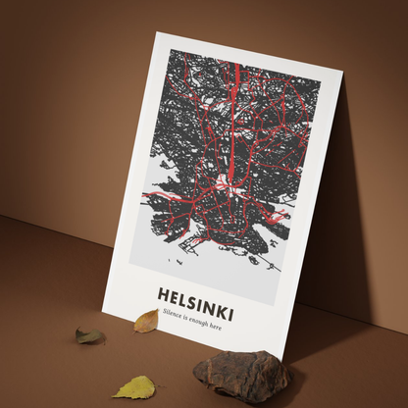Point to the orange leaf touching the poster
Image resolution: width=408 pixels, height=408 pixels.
tap(146, 321)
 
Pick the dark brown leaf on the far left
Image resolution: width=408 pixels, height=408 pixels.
tap(90, 336)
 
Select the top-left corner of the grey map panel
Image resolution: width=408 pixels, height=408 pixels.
tap(170, 49)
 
